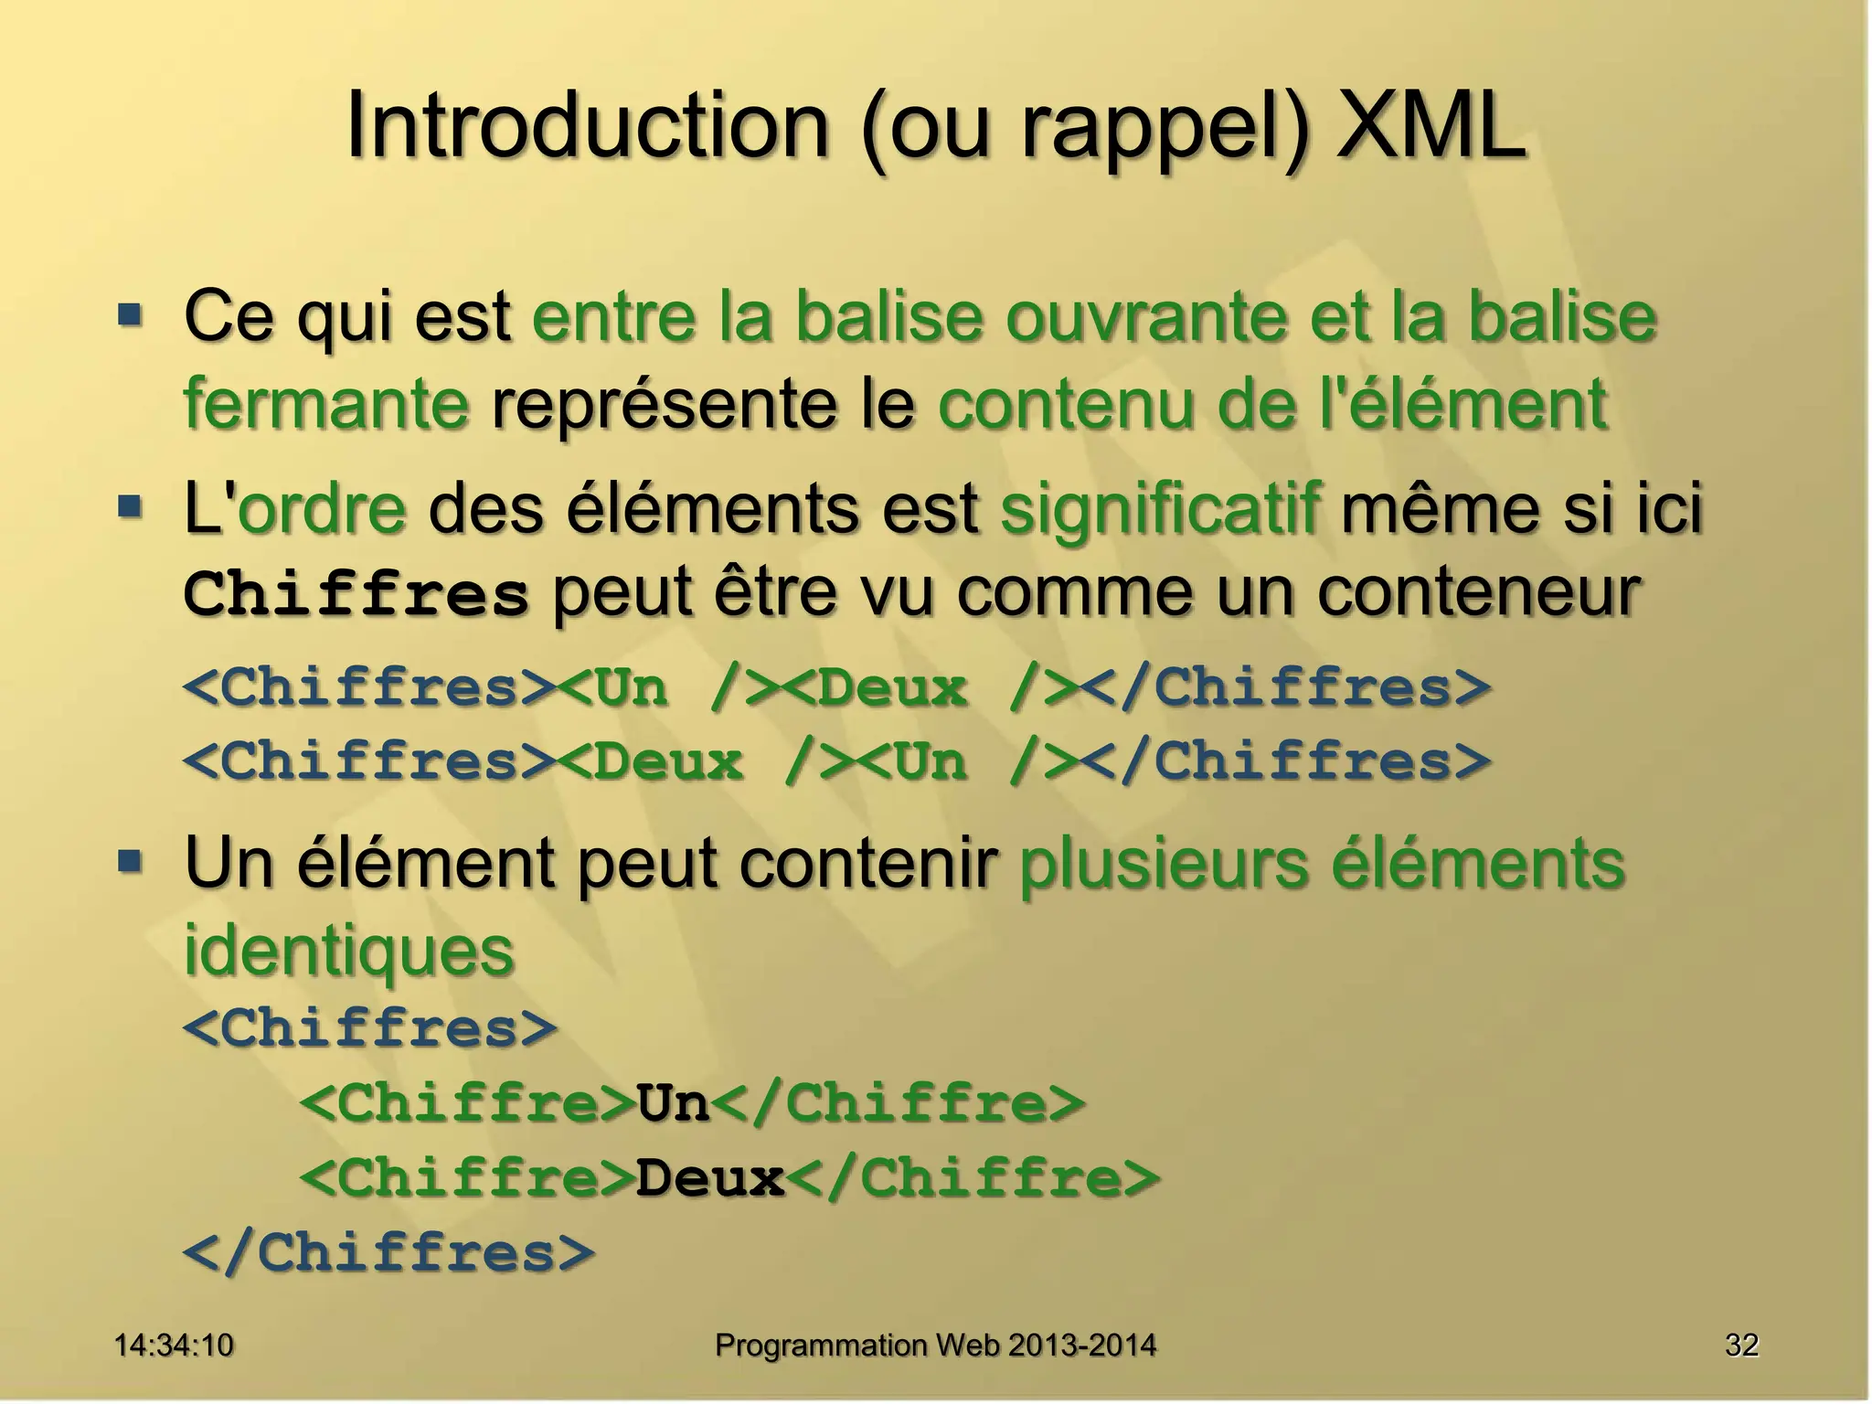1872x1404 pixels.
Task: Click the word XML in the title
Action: click(x=1431, y=126)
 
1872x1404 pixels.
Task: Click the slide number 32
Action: click(x=1741, y=1345)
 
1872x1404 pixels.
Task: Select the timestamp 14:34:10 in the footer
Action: click(x=174, y=1345)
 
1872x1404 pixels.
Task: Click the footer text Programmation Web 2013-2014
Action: click(x=935, y=1345)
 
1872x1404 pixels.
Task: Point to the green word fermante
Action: click(x=326, y=404)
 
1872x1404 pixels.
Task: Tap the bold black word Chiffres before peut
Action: click(x=356, y=594)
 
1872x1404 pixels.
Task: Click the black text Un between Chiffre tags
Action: click(x=674, y=1102)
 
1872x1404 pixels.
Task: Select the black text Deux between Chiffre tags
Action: click(x=710, y=1177)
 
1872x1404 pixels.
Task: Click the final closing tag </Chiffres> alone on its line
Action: click(x=389, y=1252)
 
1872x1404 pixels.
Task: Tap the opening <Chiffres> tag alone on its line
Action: click(x=370, y=1027)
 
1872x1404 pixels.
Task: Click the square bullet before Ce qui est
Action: click(x=131, y=316)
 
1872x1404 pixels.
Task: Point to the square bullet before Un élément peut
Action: click(x=131, y=861)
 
